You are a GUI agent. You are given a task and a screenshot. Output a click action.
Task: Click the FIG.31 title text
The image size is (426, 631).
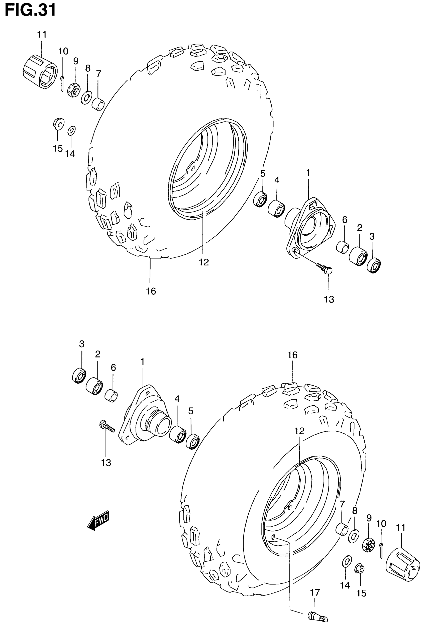coord(30,10)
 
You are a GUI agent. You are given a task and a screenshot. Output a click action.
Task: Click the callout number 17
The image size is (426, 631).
coord(315,592)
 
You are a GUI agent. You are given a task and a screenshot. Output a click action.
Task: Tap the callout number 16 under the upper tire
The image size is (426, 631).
coord(151,291)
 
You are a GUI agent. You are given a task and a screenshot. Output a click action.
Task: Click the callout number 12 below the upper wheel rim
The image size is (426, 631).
coord(204,262)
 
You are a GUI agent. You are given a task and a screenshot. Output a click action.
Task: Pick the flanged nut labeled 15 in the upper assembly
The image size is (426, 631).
coord(58,123)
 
